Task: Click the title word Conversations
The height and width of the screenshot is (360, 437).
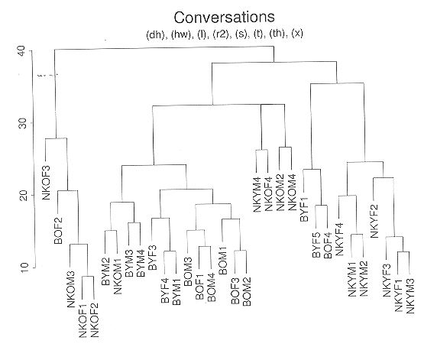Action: (225, 17)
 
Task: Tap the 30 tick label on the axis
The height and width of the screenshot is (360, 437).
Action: (24, 123)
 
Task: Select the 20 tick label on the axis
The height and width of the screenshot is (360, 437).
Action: (24, 195)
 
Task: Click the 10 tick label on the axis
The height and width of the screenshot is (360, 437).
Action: (24, 268)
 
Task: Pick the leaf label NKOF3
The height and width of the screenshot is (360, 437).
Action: (47, 183)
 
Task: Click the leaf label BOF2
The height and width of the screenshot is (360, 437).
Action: (59, 231)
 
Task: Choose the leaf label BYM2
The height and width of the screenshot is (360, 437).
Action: (106, 271)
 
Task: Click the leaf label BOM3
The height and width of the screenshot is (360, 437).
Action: (188, 271)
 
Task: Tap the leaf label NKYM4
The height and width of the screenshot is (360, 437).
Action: (257, 195)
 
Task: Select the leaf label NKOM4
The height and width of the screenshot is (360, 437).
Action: (292, 193)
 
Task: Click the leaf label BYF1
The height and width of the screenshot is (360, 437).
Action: (304, 209)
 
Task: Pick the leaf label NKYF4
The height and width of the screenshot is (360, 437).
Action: (339, 239)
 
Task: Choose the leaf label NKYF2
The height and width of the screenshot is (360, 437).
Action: (374, 221)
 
